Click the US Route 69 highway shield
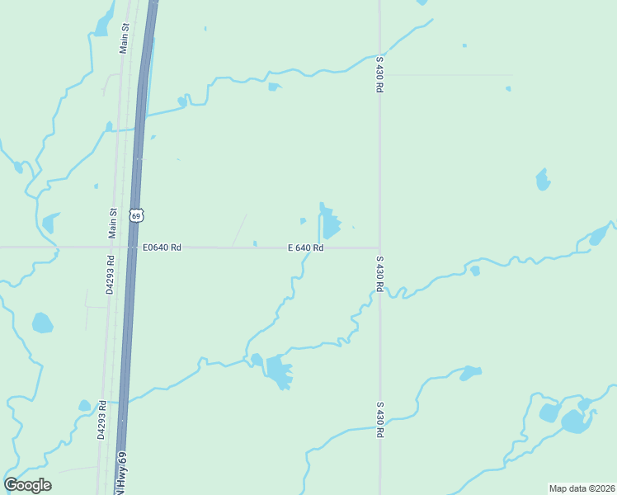pos(137,215)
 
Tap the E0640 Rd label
pos(162,247)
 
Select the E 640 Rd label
pos(305,247)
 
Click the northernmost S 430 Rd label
pos(379,73)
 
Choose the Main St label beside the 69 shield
pos(113,223)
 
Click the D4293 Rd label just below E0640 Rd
pos(110,275)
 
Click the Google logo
pos(27,485)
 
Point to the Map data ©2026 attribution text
pos(581,488)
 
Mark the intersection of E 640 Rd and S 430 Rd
pos(379,247)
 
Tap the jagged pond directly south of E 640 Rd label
pos(278,371)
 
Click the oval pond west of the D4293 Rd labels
pos(42,323)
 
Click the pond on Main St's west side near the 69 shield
pos(50,223)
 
